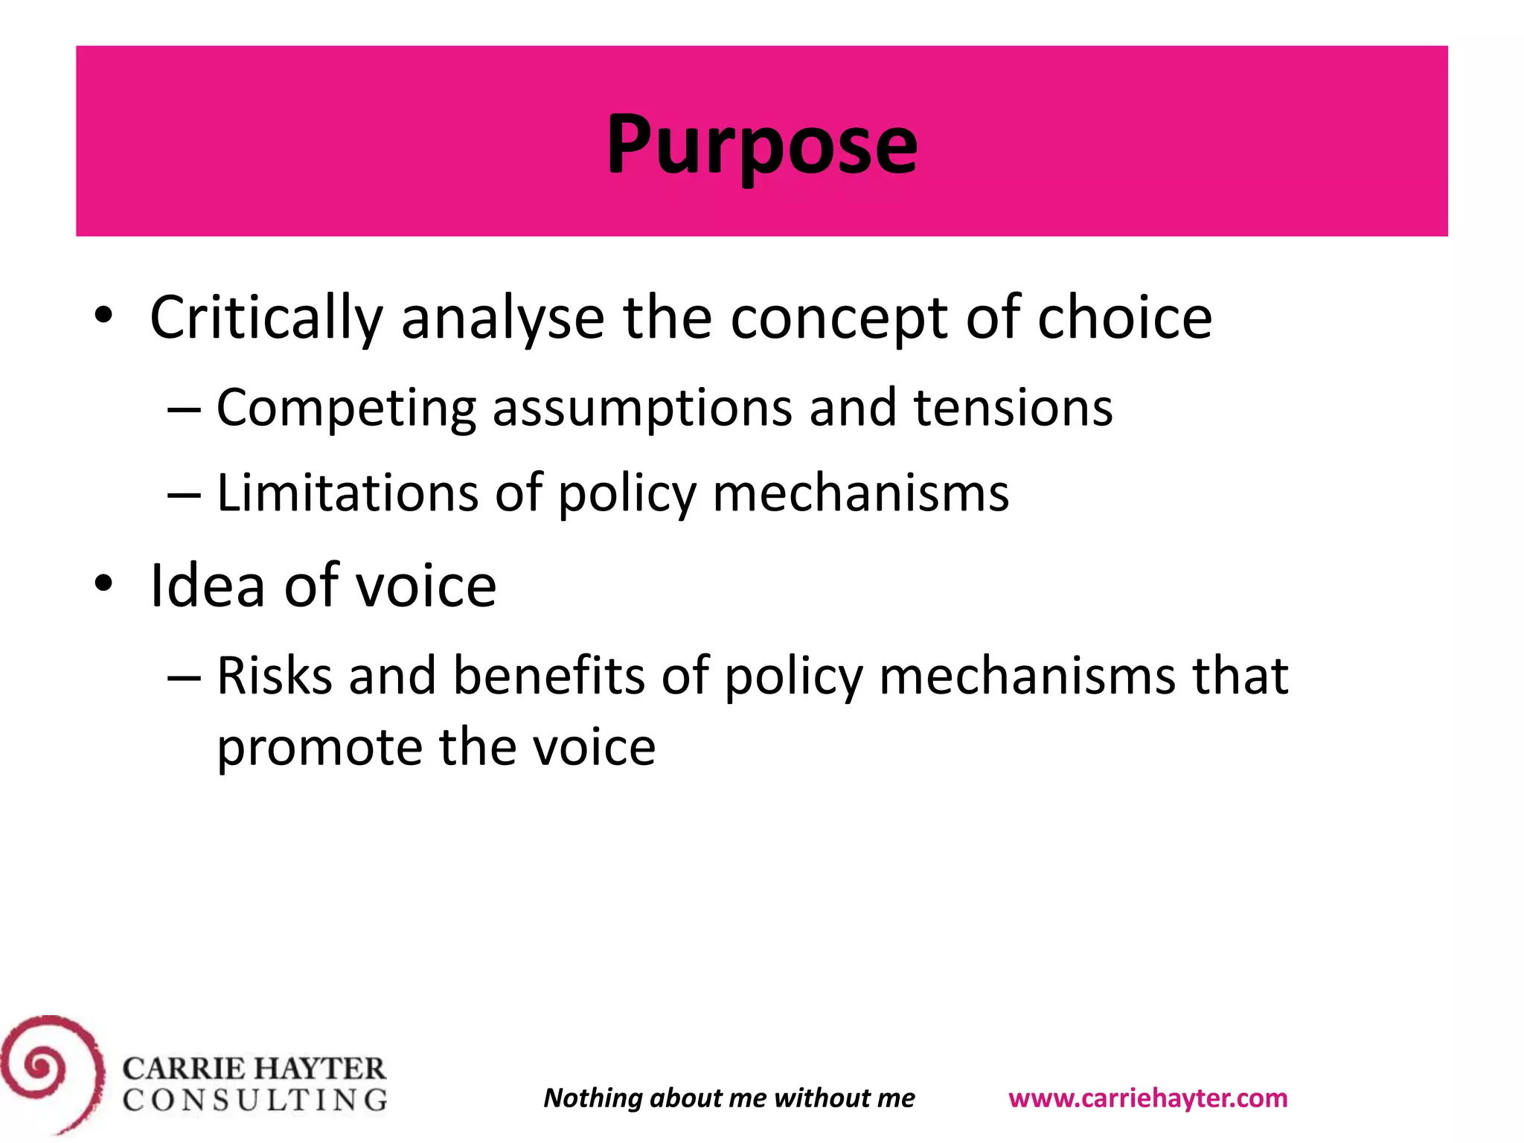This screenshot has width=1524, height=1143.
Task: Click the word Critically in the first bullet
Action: (266, 318)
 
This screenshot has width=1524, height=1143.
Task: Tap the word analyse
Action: (502, 318)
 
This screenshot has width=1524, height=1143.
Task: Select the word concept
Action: (839, 318)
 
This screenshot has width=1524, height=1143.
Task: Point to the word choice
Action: (1124, 318)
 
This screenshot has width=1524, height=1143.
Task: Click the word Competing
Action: (346, 409)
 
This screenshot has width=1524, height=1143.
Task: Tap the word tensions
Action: (1013, 409)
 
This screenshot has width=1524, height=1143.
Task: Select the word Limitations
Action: (348, 493)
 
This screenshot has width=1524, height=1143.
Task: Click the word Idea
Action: (207, 586)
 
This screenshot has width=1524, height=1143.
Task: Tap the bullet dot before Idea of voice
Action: (103, 583)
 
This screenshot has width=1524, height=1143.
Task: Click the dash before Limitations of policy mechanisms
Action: (184, 495)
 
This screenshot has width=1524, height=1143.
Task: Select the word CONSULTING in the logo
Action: (255, 1100)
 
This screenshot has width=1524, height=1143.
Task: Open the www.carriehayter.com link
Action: (1147, 1098)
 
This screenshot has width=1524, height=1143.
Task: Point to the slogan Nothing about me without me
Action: (729, 1098)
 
